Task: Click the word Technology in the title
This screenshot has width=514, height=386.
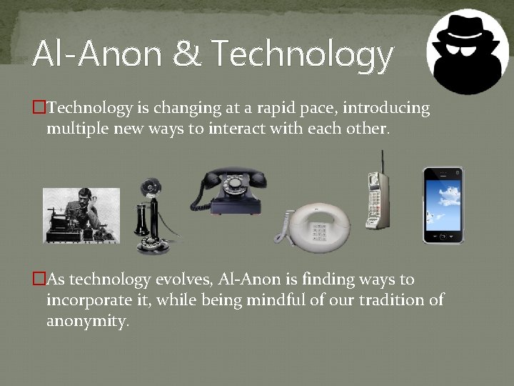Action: pos(303,55)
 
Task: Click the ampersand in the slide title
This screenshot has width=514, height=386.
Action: pos(187,55)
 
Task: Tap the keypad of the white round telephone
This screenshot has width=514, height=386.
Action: pos(319,233)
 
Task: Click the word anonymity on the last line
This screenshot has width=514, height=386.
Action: pos(87,321)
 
